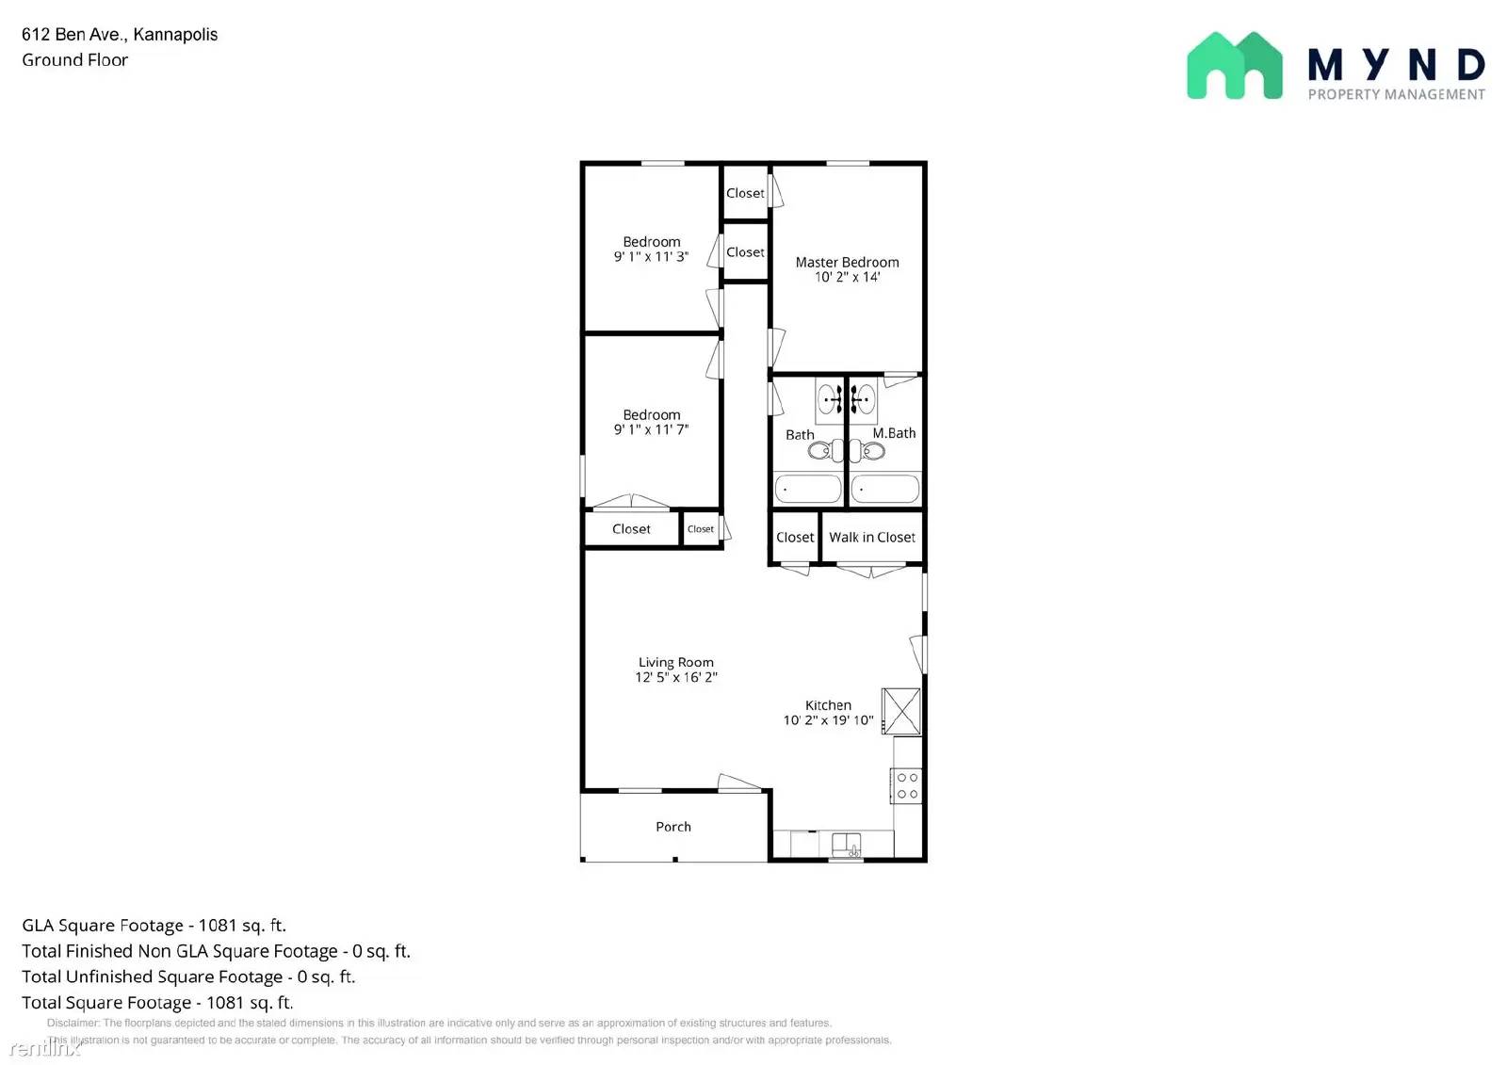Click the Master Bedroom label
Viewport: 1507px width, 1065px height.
pyautogui.click(x=847, y=263)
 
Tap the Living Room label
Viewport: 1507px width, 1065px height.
pyautogui.click(x=675, y=663)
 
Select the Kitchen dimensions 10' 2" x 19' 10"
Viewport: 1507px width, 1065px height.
pyautogui.click(x=828, y=720)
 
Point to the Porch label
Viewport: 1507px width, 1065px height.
pyautogui.click(x=672, y=827)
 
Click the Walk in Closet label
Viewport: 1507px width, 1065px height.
pyautogui.click(x=871, y=538)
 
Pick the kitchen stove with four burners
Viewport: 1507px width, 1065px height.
pyautogui.click(x=907, y=786)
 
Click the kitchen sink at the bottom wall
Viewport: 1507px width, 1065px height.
pyautogui.click(x=846, y=844)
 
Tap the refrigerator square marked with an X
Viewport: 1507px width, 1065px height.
pyautogui.click(x=900, y=711)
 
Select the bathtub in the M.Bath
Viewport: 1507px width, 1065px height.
pyautogui.click(x=884, y=489)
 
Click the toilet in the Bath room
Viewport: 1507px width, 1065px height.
pyautogui.click(x=820, y=452)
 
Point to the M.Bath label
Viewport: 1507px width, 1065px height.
pyautogui.click(x=894, y=433)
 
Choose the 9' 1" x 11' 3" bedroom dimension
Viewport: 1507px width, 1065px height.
pyautogui.click(x=651, y=256)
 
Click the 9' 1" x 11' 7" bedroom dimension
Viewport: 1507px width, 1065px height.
pyautogui.click(x=651, y=429)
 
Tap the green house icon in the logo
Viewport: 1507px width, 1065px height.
pyautogui.click(x=1234, y=66)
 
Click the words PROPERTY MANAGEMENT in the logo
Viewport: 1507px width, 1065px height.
pyautogui.click(x=1396, y=94)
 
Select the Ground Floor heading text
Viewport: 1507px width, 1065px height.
pyautogui.click(x=75, y=60)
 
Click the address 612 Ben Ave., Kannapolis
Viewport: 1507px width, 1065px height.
pyautogui.click(x=120, y=35)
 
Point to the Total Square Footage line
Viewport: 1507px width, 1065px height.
pyautogui.click(x=157, y=1003)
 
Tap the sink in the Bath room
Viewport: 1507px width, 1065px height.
pyautogui.click(x=829, y=399)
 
